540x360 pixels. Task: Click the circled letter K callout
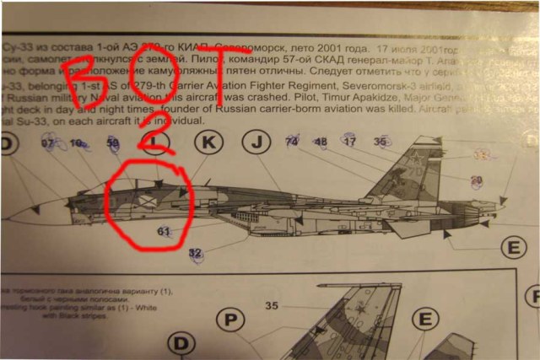(207, 142)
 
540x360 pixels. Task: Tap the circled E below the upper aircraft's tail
(513, 247)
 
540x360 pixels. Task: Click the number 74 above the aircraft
(292, 142)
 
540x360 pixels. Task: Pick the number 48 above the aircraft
(321, 142)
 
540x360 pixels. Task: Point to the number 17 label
(349, 141)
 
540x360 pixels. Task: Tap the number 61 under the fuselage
(164, 231)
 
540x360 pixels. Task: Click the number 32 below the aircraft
(195, 253)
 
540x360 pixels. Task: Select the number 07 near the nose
(48, 143)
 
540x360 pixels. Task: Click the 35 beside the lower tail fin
(272, 304)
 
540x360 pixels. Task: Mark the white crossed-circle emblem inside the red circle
(145, 201)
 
